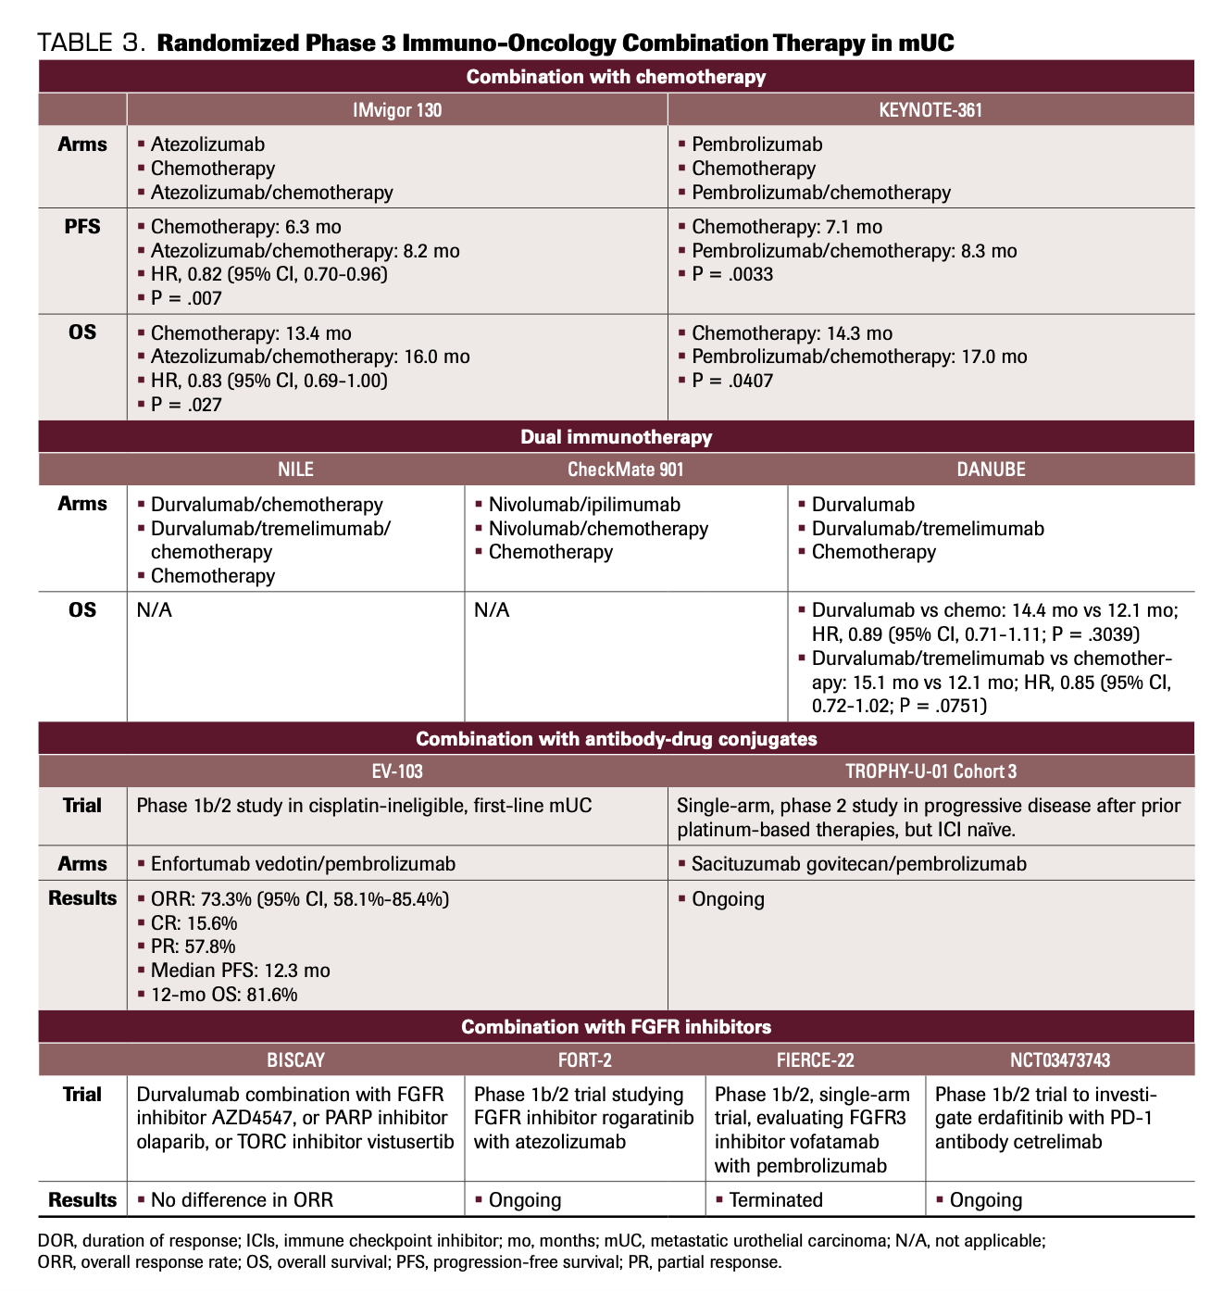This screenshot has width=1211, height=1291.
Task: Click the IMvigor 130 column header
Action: pyautogui.click(x=397, y=110)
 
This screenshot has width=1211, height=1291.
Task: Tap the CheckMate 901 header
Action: pyautogui.click(x=626, y=470)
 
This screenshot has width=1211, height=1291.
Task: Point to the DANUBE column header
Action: pyautogui.click(x=991, y=470)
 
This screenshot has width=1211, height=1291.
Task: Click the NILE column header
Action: pyautogui.click(x=296, y=470)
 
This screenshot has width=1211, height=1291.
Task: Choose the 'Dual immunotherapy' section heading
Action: pyautogui.click(x=616, y=437)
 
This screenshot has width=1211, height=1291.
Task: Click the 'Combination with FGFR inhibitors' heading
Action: pyautogui.click(x=616, y=1027)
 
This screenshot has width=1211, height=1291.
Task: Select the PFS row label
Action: pyautogui.click(x=82, y=227)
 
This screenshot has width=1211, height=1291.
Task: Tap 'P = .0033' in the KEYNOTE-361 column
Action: pyautogui.click(x=732, y=274)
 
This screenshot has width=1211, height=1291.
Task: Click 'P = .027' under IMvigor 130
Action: pyautogui.click(x=186, y=405)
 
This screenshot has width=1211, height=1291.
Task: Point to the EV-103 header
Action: pyautogui.click(x=397, y=771)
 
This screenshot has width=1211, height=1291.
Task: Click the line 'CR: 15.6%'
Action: pyautogui.click(x=194, y=923)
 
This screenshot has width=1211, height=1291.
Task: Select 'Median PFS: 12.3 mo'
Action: pyautogui.click(x=240, y=971)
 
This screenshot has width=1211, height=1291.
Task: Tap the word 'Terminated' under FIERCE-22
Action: pyautogui.click(x=776, y=1200)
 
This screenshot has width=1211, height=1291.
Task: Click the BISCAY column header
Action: pyautogui.click(x=296, y=1060)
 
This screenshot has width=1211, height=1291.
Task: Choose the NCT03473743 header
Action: pyautogui.click(x=1060, y=1060)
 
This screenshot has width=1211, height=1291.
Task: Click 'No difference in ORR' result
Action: pyautogui.click(x=242, y=1200)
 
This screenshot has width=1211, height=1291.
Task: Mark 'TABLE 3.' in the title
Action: pyautogui.click(x=91, y=44)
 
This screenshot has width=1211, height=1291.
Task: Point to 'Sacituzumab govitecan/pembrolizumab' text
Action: pyautogui.click(x=859, y=864)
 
